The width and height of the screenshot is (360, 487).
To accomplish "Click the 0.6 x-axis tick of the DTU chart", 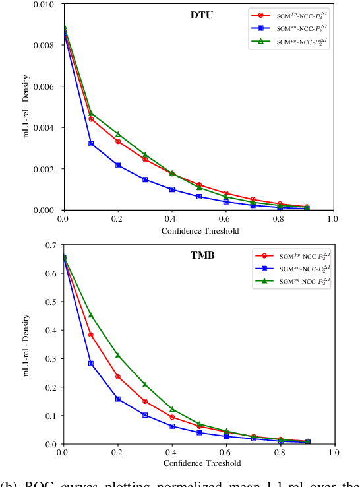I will tap(225, 218).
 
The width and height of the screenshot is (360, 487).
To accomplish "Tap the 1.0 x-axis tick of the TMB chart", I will tap(333, 453).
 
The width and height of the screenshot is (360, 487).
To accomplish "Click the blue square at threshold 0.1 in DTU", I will tap(91, 143).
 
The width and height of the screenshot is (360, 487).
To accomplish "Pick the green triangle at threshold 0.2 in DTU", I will tap(118, 134).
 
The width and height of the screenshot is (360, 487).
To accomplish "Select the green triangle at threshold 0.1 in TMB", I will tap(91, 315).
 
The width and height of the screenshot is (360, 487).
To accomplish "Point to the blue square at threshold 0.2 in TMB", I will tap(118, 399).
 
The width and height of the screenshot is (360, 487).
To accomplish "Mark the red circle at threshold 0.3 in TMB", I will tap(145, 401).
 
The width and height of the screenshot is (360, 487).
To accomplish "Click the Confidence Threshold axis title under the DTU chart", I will tap(198, 231).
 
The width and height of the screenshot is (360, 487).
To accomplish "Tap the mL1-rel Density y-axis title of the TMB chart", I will tap(28, 343).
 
